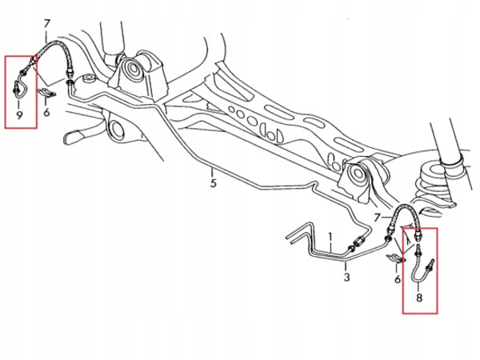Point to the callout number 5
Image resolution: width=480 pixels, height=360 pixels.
coord(213,183)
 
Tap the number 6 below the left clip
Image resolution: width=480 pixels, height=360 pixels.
coord(47,113)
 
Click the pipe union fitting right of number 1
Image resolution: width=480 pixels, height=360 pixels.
coord(359,243)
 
